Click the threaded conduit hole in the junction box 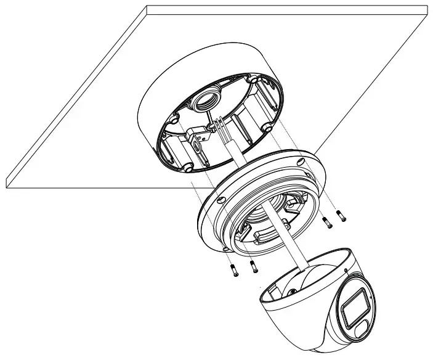coord(208,99)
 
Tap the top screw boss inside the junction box coord(254,80)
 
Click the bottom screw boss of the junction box coord(185,167)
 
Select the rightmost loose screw coord(342,216)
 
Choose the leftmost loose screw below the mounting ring coord(235,272)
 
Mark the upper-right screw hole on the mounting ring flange coord(299,162)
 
